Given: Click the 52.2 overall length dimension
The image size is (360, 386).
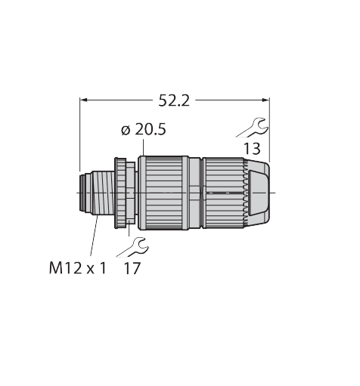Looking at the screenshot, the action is tap(174, 101).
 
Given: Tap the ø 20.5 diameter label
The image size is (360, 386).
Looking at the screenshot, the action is tap(144, 130).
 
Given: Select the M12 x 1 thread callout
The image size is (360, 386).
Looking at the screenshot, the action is tap(78, 268).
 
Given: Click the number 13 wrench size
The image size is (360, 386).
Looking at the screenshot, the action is tap(252, 149).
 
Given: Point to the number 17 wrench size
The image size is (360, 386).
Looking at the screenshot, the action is tap(132, 268).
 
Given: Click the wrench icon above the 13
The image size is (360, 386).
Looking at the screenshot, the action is tap(252, 128).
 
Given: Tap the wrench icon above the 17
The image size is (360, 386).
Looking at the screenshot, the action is tap(132, 247).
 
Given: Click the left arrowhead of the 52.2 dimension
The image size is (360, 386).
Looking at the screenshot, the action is tap(83, 100).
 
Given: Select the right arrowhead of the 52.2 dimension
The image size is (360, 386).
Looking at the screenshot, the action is tap(265, 100).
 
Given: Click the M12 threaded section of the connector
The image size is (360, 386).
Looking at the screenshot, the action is tap(103, 193).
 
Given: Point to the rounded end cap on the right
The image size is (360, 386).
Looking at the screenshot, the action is tap(258, 193).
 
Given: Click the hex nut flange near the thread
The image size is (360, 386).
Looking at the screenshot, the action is tap(125, 193).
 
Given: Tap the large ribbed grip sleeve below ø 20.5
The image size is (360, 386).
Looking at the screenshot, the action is tap(163, 193).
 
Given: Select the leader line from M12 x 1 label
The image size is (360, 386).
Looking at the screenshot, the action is tap(94, 236).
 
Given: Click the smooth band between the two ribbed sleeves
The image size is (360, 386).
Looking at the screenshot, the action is tap(196, 193).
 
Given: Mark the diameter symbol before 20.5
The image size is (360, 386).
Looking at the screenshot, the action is tap(126, 131).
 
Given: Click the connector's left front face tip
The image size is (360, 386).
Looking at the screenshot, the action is tap(80, 193).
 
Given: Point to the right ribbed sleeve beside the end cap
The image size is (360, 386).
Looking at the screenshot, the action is tap(223, 193).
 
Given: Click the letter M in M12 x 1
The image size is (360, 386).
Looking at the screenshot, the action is tap(55, 268).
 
